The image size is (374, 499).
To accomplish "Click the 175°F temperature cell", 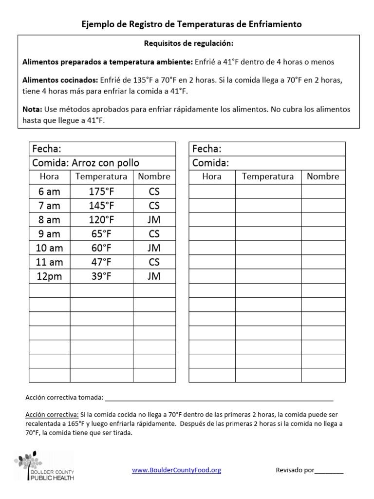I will pyautogui.click(x=101, y=192).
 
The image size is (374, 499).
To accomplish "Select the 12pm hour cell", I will pyautogui.click(x=50, y=276).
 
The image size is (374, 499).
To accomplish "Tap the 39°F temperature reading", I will pyautogui.click(x=101, y=276).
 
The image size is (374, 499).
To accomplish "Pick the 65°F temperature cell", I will pyautogui.click(x=101, y=234).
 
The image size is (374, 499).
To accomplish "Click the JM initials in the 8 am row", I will pyautogui.click(x=154, y=220).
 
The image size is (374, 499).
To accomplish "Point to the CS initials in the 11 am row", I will pyautogui.click(x=154, y=262).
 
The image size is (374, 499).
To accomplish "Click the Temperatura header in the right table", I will pyautogui.click(x=268, y=176).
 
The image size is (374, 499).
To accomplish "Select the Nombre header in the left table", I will pyautogui.click(x=154, y=176).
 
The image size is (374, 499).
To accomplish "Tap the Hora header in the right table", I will pyautogui.click(x=212, y=176).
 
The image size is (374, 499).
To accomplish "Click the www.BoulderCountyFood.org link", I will pyautogui.click(x=177, y=470).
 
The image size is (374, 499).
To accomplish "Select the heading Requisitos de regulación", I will pyautogui.click(x=188, y=44).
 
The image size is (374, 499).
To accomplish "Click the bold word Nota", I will pyautogui.click(x=32, y=110).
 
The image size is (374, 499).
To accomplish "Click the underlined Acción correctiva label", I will pyautogui.click(x=52, y=415).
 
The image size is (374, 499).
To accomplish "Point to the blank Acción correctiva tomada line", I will pyautogui.click(x=219, y=398).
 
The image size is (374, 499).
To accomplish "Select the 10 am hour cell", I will pyautogui.click(x=50, y=248).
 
